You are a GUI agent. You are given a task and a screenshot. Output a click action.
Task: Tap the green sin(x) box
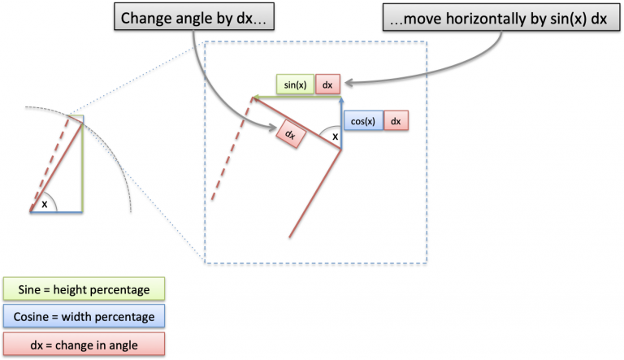295,83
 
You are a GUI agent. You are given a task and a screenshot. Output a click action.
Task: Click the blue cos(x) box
362,121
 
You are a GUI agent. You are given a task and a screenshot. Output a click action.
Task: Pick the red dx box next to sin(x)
327,83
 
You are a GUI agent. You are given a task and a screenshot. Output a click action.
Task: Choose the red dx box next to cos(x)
396,121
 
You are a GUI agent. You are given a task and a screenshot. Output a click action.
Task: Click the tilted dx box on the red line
290,133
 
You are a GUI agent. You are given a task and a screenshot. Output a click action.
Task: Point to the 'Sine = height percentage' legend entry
84,289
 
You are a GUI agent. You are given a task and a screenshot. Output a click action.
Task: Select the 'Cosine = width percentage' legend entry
84,316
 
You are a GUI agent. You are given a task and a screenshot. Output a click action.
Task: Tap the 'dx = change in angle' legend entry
84,343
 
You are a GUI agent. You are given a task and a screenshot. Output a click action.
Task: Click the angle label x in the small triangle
44,204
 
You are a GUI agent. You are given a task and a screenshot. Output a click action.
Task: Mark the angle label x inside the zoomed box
334,137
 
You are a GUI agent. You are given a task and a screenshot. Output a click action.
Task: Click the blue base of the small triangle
57,212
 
